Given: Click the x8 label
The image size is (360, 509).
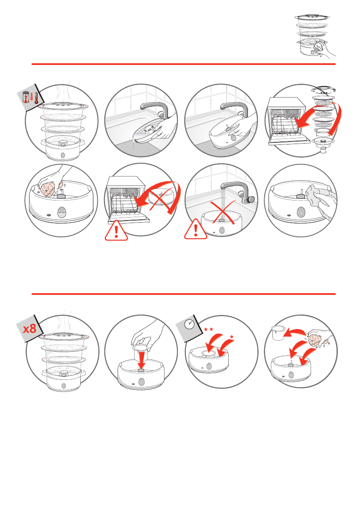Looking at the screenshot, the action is point(30,329).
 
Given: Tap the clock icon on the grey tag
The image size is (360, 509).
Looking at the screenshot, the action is point(189,324).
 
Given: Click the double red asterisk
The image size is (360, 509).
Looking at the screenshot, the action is point(208,330).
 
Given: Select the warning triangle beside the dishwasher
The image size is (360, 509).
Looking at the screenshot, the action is point(116,230).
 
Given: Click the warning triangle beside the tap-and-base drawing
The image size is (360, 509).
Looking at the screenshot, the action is point(196,229).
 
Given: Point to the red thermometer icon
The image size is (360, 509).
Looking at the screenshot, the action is point(36,96).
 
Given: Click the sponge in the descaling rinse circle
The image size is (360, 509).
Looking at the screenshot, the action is point(314,340).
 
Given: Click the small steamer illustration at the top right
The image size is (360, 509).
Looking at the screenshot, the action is point(315,36).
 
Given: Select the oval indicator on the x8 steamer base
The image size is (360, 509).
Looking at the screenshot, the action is point(63,386).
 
